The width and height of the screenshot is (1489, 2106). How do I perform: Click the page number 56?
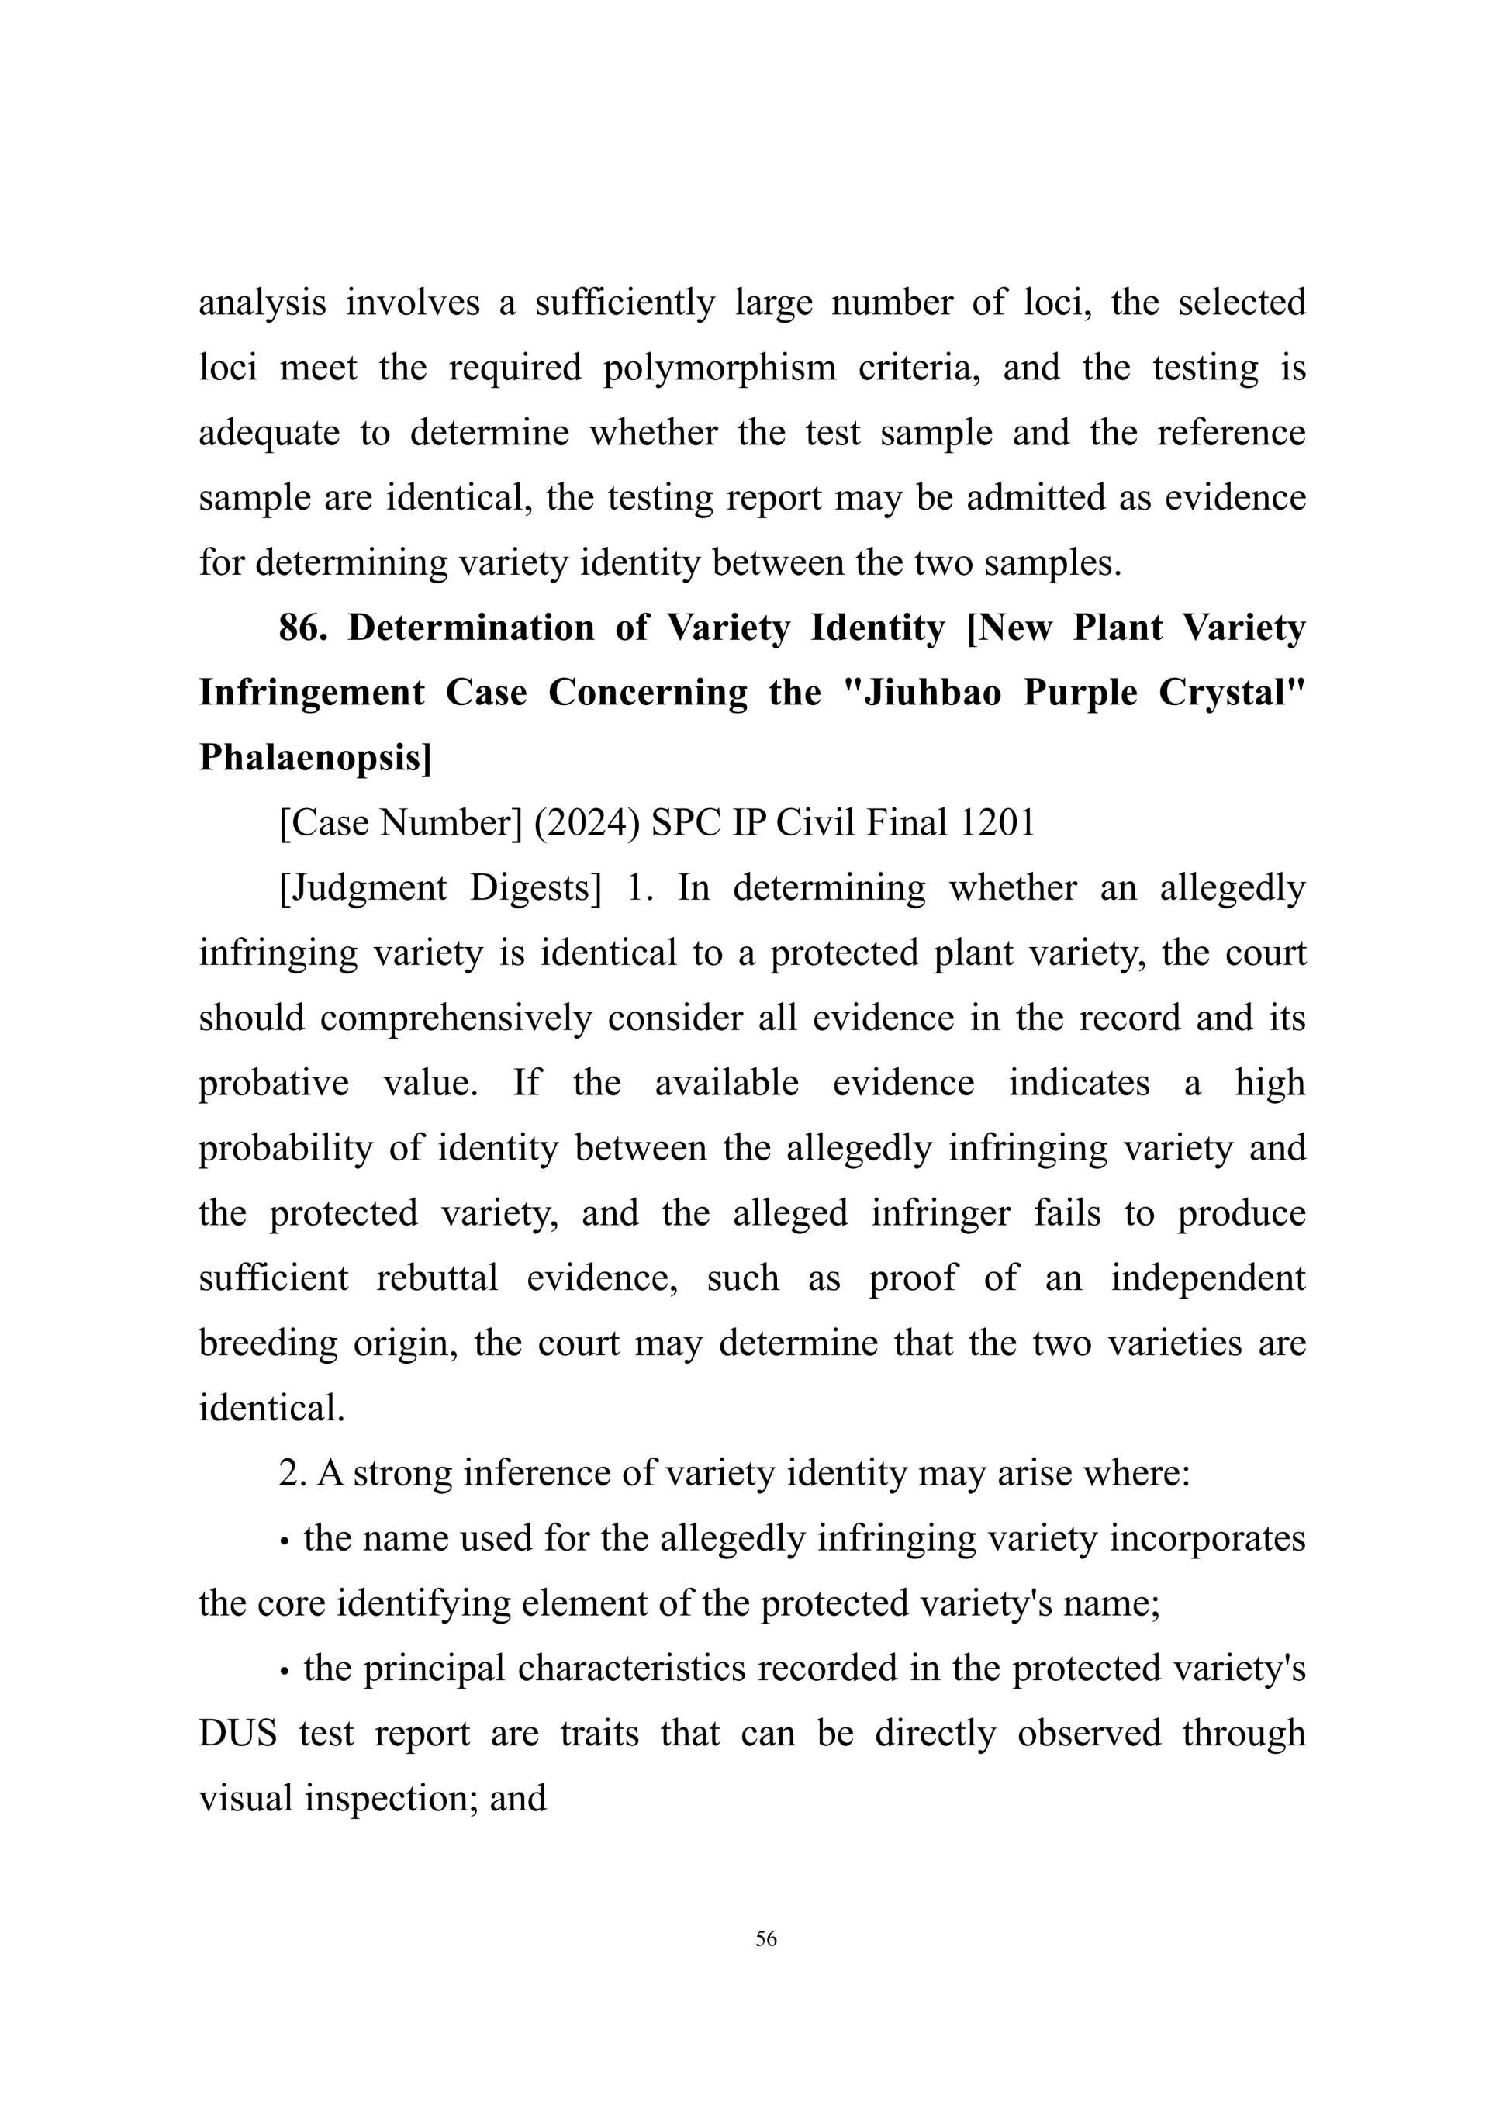point(765,1938)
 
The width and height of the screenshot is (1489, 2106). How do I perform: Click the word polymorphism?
point(719,368)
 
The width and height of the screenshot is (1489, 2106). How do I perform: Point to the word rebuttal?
point(437,1278)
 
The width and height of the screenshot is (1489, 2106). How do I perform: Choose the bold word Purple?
point(1080,693)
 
